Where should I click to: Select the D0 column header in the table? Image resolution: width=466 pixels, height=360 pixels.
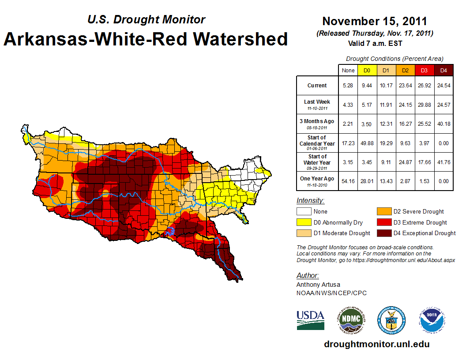[x=366, y=70]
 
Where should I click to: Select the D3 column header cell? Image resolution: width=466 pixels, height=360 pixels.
[x=424, y=70]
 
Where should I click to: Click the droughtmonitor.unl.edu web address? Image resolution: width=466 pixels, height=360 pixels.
[x=376, y=344]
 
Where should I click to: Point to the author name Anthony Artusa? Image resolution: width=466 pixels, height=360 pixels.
[x=318, y=285]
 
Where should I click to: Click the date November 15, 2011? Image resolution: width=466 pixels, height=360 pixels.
[x=375, y=21]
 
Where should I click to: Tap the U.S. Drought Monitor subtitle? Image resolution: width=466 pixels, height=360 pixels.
[x=146, y=19]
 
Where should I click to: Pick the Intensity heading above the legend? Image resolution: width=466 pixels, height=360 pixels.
[x=310, y=200]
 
